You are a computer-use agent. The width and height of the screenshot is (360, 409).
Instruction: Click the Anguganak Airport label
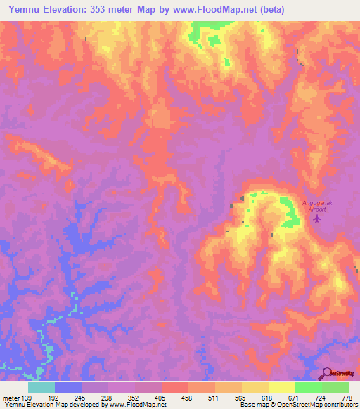[316, 204]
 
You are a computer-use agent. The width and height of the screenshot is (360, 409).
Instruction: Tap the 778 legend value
[347, 397]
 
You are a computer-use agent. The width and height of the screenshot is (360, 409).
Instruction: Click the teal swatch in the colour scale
[41, 387]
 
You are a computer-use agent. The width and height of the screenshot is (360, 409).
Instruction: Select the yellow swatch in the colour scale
[282, 387]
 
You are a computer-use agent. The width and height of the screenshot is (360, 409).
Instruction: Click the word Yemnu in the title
[27, 11]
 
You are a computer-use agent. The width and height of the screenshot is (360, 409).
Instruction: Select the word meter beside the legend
[11, 397]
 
